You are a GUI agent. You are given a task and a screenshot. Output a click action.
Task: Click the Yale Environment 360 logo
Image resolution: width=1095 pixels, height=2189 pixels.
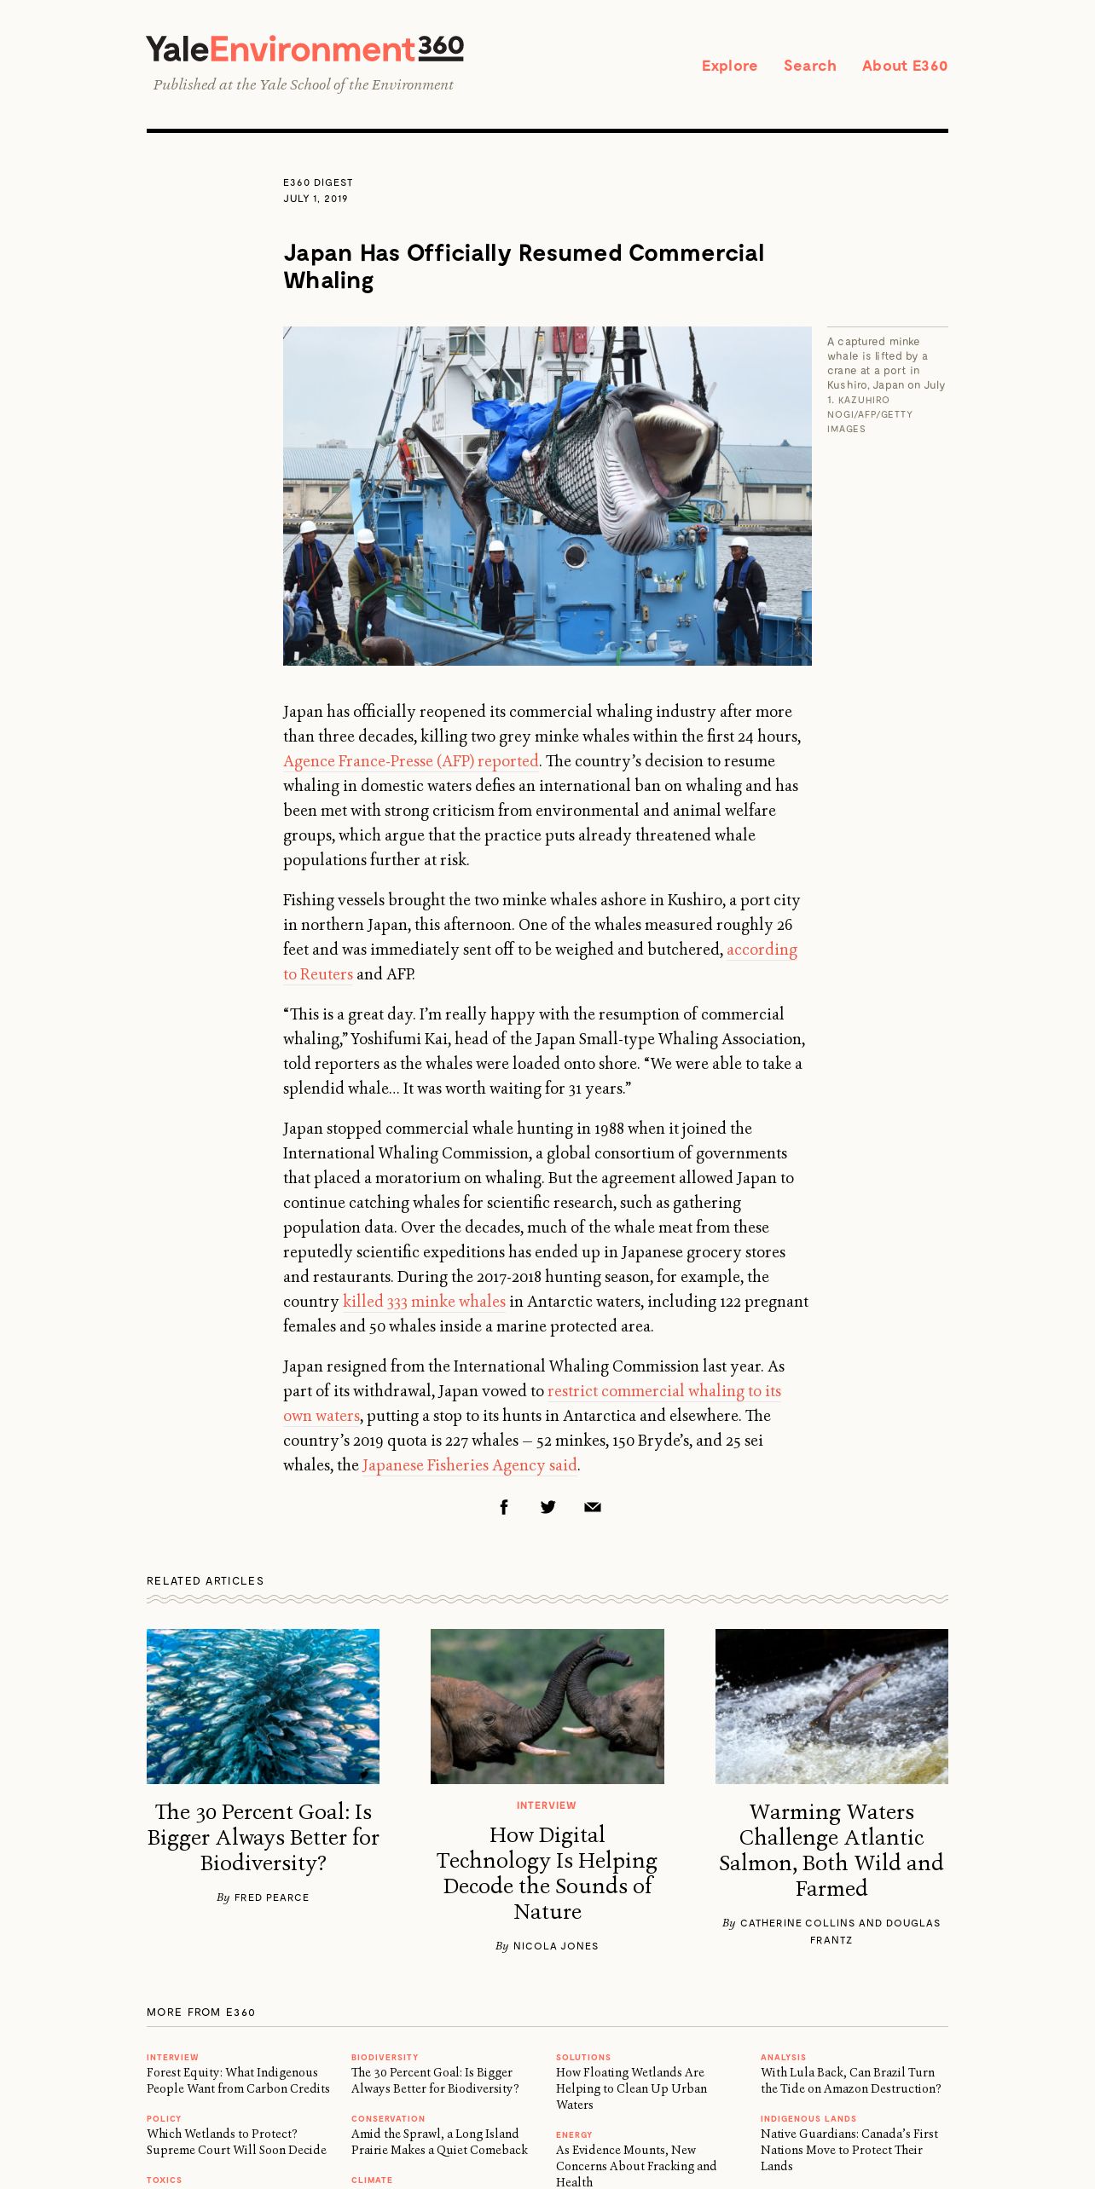click(304, 49)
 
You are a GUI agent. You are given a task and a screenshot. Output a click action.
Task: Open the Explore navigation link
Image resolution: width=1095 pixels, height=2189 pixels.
click(729, 66)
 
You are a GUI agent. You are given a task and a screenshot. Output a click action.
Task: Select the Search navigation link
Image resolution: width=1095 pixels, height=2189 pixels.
click(809, 66)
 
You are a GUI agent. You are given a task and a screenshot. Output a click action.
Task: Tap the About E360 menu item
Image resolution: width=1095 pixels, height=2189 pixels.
click(904, 66)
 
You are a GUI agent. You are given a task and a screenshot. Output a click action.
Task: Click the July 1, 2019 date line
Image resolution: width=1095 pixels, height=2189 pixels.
click(316, 199)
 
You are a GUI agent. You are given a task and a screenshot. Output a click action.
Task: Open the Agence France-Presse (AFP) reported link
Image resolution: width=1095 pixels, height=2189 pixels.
click(410, 761)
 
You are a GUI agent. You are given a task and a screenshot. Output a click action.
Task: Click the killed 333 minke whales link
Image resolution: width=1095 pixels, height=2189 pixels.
click(424, 1302)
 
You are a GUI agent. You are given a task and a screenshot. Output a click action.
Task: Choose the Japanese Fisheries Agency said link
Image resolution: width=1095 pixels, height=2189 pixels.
click(469, 1465)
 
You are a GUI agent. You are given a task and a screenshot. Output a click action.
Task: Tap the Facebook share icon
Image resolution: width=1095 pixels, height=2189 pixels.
click(504, 1507)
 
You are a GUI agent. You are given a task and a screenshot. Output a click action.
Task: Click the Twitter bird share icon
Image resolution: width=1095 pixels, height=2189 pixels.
click(548, 1507)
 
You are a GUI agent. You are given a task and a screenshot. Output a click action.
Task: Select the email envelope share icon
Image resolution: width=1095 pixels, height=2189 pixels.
click(593, 1507)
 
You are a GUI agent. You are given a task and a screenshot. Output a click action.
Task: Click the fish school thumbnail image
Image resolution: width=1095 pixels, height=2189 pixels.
click(263, 1706)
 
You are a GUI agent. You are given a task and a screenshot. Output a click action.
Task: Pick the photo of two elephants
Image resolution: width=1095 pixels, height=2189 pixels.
click(547, 1706)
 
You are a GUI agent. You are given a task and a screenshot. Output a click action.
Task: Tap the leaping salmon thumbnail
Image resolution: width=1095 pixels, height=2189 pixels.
click(831, 1706)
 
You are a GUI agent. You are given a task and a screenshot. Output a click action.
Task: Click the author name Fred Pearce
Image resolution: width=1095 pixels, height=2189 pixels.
click(271, 1897)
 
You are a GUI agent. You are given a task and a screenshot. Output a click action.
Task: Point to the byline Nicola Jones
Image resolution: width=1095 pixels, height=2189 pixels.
click(555, 1946)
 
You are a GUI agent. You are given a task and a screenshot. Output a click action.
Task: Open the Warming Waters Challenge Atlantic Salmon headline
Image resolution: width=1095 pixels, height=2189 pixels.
click(831, 1849)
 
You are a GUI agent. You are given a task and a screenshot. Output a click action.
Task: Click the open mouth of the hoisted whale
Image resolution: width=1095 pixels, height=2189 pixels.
click(674, 439)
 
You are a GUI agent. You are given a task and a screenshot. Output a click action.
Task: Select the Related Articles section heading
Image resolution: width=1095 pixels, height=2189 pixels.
click(206, 1580)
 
